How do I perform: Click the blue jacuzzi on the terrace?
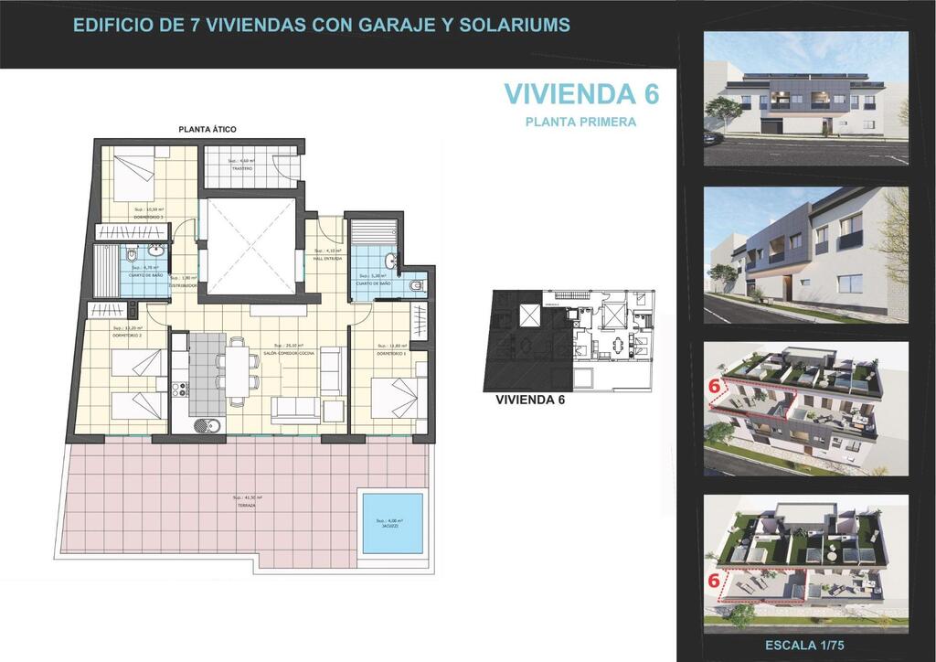(x=393, y=523)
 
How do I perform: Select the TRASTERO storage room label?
(x=241, y=168)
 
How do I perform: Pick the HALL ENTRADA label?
(x=327, y=259)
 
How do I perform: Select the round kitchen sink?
(x=206, y=423)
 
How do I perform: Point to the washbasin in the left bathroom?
(x=156, y=249)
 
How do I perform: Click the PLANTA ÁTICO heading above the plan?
(x=207, y=130)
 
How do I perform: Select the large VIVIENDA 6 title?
(x=581, y=93)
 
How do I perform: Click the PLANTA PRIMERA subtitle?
(x=581, y=121)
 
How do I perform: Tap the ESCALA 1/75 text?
(x=805, y=646)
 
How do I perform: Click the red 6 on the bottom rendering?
(x=714, y=579)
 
